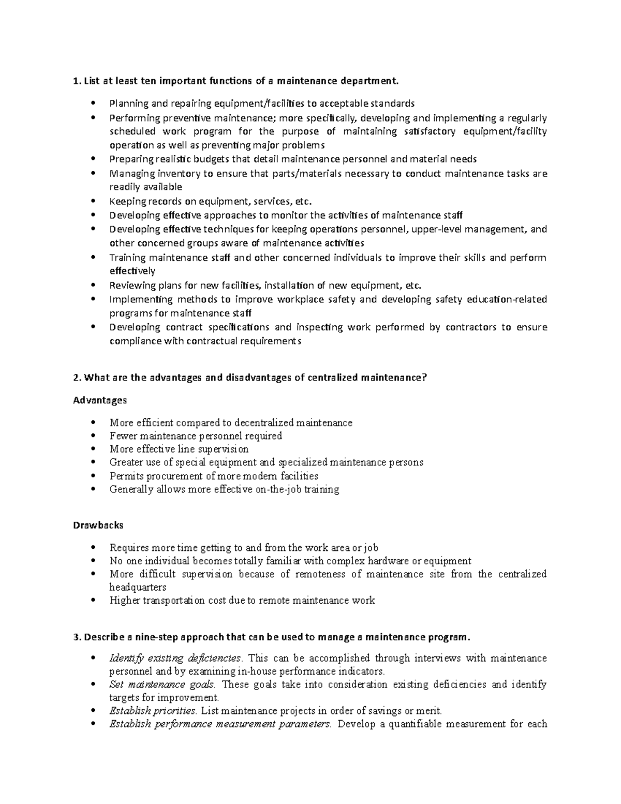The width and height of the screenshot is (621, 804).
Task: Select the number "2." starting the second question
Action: coord(78,377)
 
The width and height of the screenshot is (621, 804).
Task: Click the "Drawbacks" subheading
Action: coord(98,525)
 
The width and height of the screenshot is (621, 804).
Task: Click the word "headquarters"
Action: coord(138,587)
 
